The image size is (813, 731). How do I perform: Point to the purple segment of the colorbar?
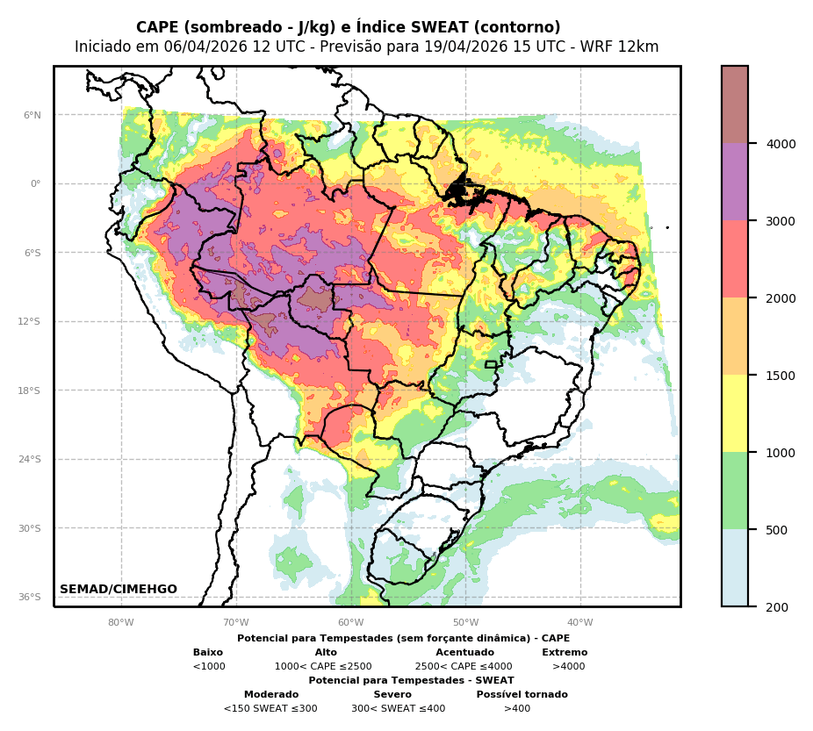pos(735,182)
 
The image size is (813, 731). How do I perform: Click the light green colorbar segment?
pos(735,491)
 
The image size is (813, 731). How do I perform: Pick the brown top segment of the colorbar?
pos(735,104)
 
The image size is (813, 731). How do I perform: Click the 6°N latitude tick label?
pos(32,115)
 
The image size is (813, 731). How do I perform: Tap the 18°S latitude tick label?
pos(29,391)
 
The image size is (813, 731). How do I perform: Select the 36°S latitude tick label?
pos(29,597)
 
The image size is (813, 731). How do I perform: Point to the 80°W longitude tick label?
pos(121,623)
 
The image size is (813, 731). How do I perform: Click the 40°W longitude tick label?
pos(580,623)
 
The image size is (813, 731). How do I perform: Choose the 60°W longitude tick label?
pos(350,623)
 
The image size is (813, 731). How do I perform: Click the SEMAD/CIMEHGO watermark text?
pos(119,590)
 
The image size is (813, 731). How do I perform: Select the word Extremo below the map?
pos(565,653)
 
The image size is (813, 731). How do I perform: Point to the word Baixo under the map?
pos(208,653)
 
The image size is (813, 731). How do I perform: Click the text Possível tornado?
pos(522,695)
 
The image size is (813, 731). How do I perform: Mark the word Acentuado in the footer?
pos(464,653)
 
